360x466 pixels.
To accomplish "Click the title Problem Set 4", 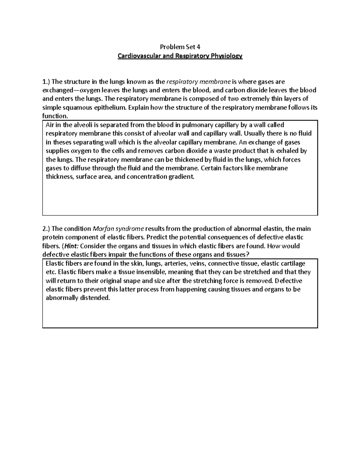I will point(180,47).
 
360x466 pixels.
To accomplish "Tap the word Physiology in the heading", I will point(226,56).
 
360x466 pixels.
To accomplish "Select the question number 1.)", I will point(46,82).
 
